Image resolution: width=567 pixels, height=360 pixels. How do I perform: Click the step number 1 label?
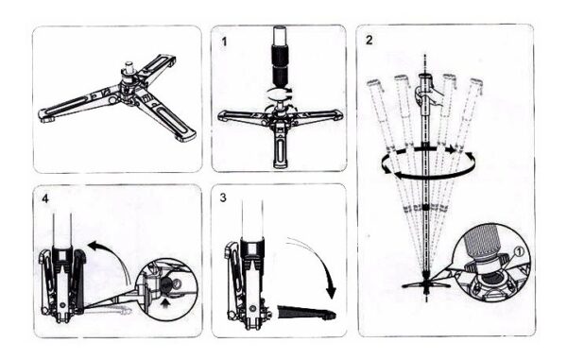(x=224, y=42)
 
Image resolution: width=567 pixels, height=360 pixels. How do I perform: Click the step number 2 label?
(x=369, y=40)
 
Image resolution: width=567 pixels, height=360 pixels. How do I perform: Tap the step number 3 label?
(x=223, y=197)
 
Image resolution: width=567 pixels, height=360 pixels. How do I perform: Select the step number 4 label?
(x=45, y=198)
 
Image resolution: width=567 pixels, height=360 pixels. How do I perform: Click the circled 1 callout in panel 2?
(x=518, y=251)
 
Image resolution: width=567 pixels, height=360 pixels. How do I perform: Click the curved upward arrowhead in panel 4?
(x=94, y=246)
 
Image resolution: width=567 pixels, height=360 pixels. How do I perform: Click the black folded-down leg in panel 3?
(x=306, y=313)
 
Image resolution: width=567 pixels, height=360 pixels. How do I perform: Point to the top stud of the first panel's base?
(x=128, y=67)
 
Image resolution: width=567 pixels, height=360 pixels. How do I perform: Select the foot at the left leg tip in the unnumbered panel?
(x=47, y=117)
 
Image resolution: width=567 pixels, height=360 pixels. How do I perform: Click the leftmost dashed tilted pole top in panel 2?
(x=373, y=84)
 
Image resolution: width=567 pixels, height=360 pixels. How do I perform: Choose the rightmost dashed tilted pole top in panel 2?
(x=476, y=84)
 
